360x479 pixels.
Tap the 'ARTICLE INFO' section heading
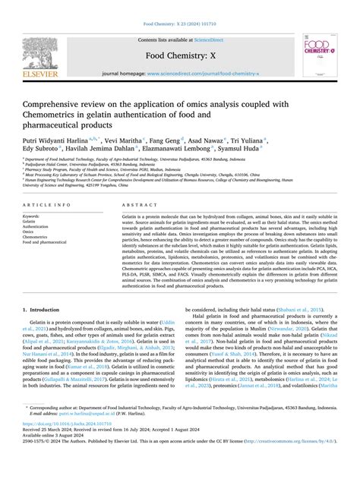pos(49,206)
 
